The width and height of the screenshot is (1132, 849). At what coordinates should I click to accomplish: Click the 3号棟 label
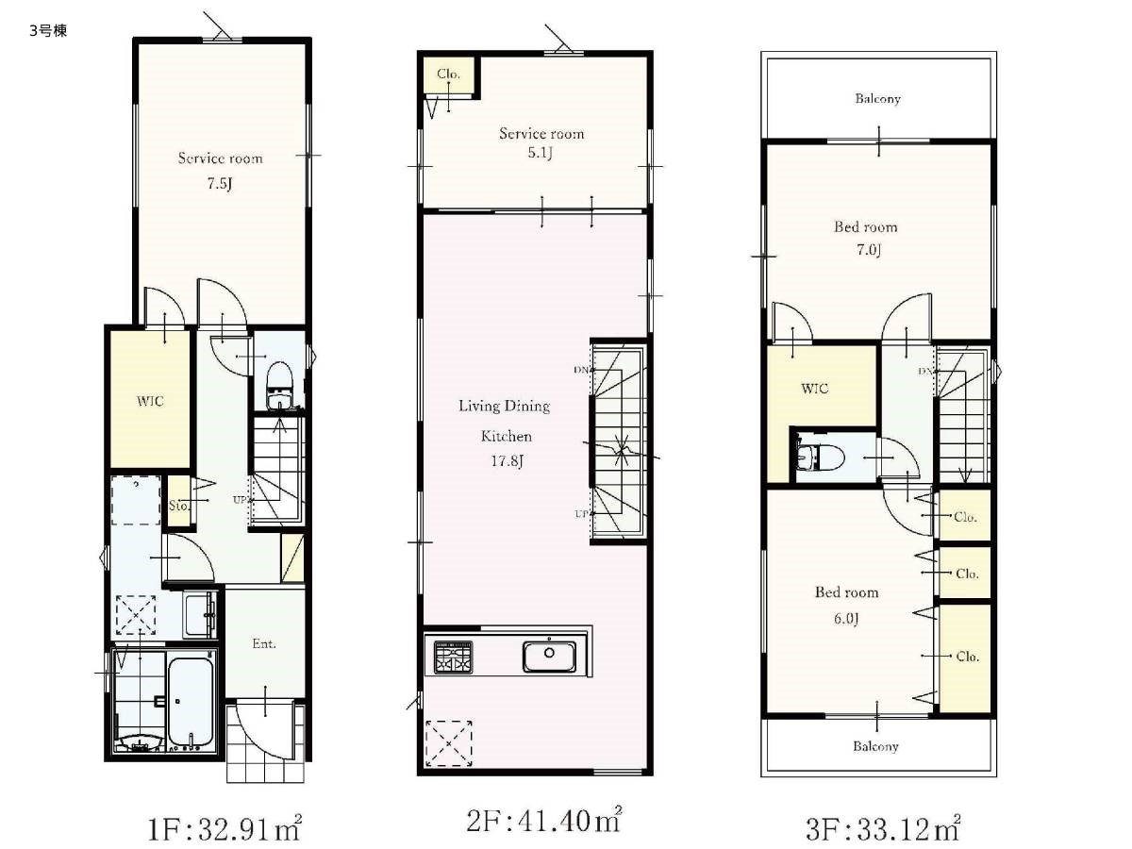tap(48, 31)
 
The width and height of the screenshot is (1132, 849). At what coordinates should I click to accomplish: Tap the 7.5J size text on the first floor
tap(220, 184)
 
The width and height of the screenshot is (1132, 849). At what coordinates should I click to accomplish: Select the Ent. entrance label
tap(264, 643)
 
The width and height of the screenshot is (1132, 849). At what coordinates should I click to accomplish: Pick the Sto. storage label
tap(179, 506)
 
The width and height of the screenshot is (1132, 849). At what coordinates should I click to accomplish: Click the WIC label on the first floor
tap(150, 401)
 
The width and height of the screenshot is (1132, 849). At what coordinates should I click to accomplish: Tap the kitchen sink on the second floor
tap(549, 657)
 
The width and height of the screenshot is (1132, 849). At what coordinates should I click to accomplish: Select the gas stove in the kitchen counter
tap(453, 658)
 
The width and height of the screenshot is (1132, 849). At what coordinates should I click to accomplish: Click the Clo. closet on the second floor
tap(448, 74)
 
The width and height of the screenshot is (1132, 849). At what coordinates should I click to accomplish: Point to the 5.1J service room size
tap(540, 153)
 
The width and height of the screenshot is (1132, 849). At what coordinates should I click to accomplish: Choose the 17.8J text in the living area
tap(507, 460)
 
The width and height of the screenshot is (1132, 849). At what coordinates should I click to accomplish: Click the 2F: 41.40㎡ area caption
tap(543, 820)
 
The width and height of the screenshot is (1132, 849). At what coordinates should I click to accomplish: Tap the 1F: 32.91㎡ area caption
tap(225, 828)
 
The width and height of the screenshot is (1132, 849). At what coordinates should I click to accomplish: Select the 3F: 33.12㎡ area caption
tap(882, 828)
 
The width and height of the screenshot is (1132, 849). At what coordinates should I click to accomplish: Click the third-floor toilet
tap(821, 457)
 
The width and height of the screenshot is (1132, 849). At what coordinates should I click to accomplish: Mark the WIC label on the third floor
tap(815, 388)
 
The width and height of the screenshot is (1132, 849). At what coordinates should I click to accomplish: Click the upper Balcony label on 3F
tap(877, 98)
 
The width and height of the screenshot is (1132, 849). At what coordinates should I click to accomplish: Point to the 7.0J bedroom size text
tap(869, 250)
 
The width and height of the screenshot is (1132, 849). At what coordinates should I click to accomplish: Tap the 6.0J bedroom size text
tap(846, 618)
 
